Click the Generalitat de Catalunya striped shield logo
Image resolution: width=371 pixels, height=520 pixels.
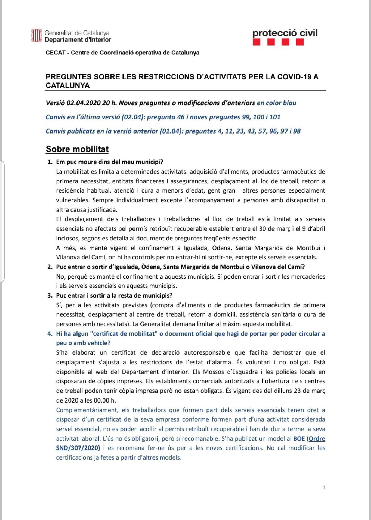[36, 35]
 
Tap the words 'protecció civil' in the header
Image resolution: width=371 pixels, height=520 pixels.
[285, 33]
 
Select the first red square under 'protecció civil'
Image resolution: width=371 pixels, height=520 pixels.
[257, 42]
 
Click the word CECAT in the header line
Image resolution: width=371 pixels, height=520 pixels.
[55, 53]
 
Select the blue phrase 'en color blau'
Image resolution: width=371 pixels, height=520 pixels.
[276, 103]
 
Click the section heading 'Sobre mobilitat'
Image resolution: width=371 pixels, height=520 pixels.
[77, 149]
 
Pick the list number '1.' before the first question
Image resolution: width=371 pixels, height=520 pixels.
[50, 162]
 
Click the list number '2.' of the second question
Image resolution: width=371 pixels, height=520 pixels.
[50, 267]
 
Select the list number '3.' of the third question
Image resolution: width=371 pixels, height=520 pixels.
[50, 295]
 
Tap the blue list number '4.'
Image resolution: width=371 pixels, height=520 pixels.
[50, 334]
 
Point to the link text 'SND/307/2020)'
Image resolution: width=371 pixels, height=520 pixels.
[78, 448]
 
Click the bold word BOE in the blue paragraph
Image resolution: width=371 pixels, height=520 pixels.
[299, 439]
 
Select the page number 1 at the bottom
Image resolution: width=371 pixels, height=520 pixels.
[324, 487]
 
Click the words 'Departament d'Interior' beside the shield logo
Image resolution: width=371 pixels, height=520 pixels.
[78, 40]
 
